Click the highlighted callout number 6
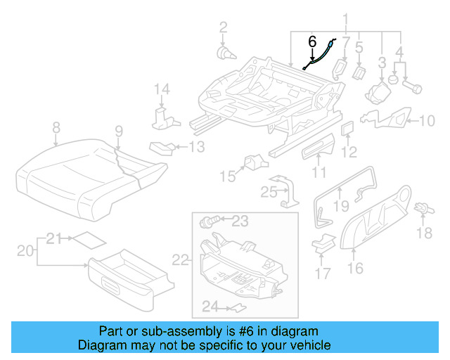tap(312, 41)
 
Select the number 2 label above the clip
tap(223, 28)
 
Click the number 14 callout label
tap(162, 89)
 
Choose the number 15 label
tap(226, 175)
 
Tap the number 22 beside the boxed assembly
tap(181, 260)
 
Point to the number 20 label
tap(25, 250)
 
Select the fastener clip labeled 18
tap(423, 209)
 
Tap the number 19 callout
tap(341, 206)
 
